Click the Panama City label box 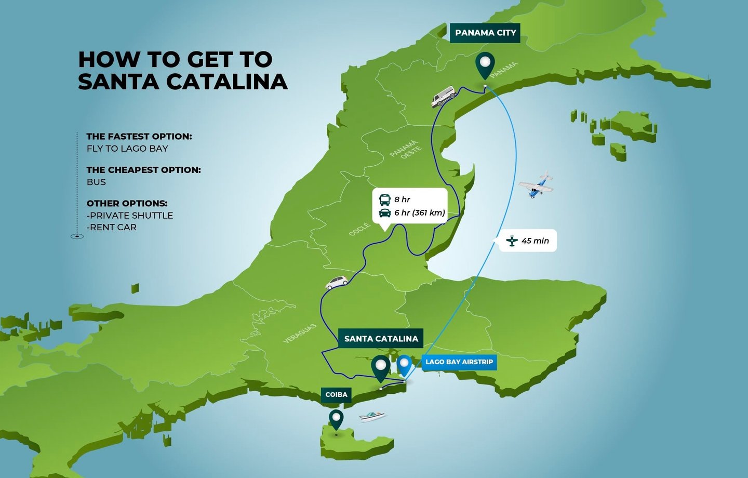coord(485,33)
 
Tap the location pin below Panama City coord(485,64)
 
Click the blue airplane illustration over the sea coord(537,185)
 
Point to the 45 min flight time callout coord(528,241)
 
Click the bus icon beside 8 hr coord(385,200)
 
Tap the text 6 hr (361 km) coord(419,213)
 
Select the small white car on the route coord(337,282)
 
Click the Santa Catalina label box coord(381,338)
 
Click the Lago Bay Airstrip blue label coord(459,362)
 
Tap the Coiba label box coord(336,395)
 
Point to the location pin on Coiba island coord(337,418)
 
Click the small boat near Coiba coord(372,416)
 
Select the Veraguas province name coord(300,333)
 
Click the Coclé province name coord(359,229)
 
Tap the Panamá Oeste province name coord(406,149)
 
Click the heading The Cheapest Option coord(143,170)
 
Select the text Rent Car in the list coord(113,227)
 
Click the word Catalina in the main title coord(226,82)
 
